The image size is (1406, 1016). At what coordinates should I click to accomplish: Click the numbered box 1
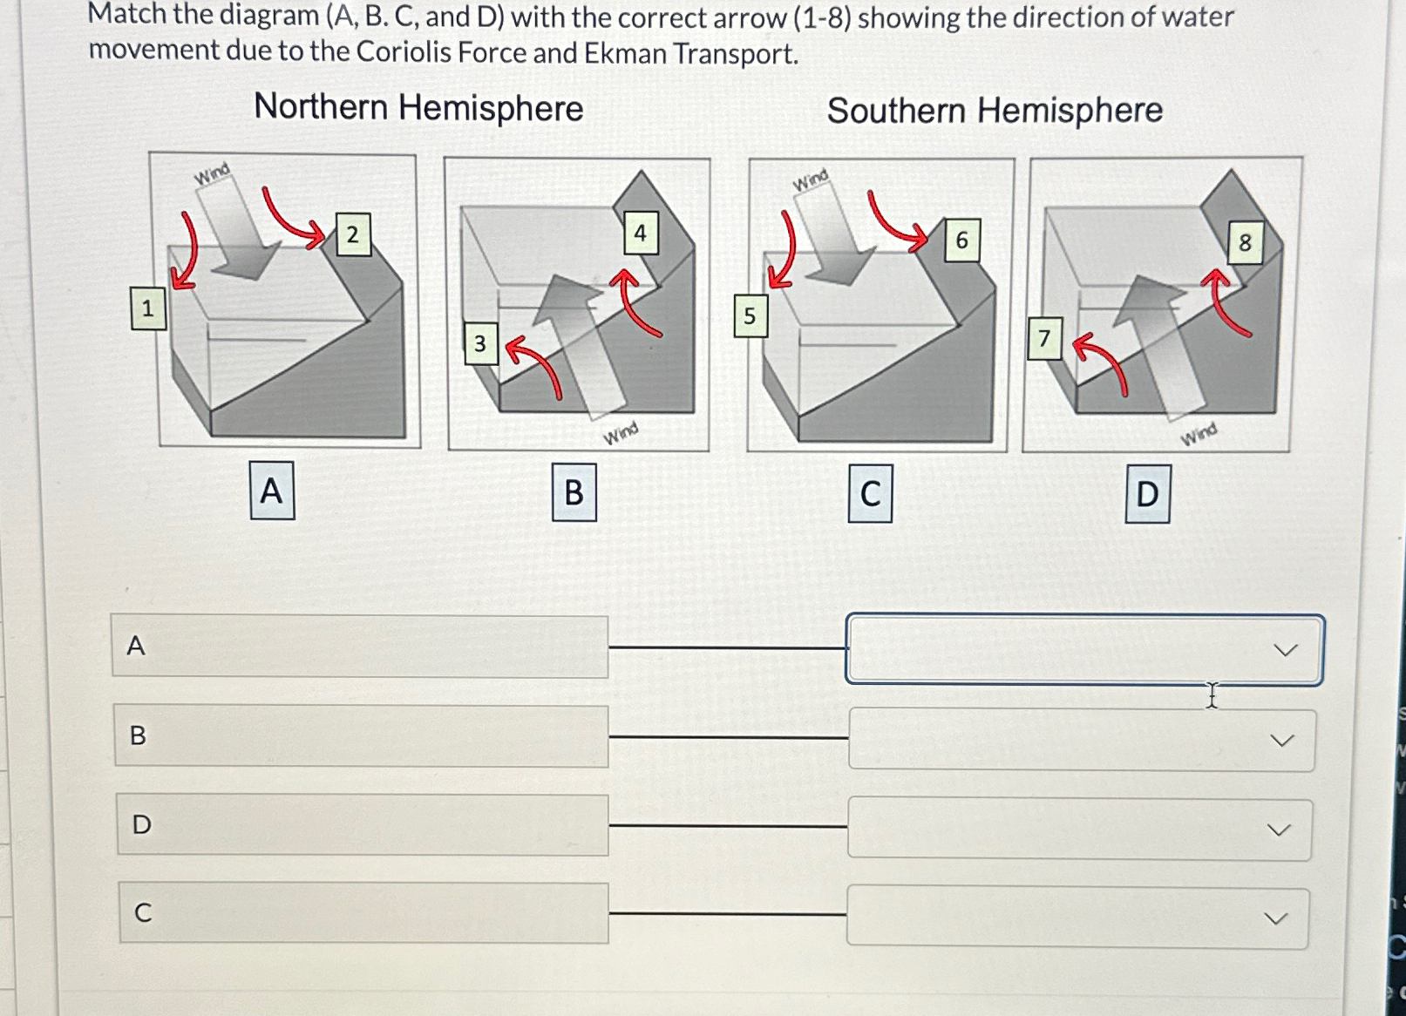point(147,308)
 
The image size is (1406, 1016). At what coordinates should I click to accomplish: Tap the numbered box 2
point(352,234)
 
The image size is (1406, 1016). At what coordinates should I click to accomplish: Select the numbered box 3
point(479,344)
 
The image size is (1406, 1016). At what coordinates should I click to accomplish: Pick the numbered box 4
point(640,233)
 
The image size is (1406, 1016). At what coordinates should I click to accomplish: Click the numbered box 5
point(750,316)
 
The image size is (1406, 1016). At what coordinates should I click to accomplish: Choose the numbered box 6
point(961,240)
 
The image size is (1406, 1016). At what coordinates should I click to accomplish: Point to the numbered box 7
point(1044,338)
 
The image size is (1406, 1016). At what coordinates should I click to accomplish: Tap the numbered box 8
point(1245,243)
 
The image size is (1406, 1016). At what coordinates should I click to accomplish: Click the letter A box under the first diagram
point(272,491)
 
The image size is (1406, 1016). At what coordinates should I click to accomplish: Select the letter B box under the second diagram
point(574,493)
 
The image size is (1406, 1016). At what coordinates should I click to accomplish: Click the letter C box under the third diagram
point(870,494)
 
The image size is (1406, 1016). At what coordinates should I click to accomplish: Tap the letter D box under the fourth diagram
point(1147,494)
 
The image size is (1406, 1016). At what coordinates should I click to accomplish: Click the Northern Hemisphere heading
point(418,108)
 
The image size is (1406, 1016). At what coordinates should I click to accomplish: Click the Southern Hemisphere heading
point(995,111)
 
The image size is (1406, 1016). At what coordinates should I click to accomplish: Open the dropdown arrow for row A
point(1285,650)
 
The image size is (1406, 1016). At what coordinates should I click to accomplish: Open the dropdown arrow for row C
point(1275,918)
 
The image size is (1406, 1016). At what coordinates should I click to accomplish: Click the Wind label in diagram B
point(621,433)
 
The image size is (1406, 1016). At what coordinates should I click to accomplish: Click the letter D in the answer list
point(141,824)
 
